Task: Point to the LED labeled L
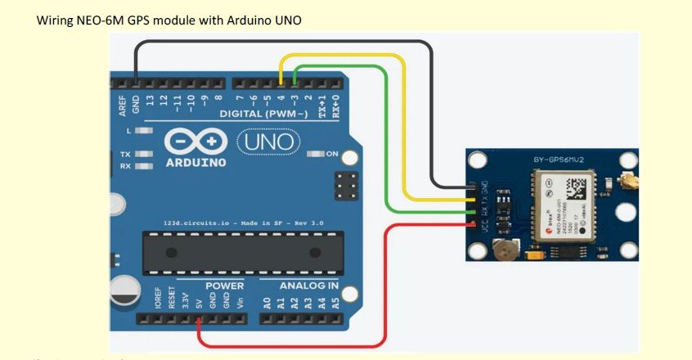click(x=145, y=131)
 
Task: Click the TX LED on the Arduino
click(x=145, y=154)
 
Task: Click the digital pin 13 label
click(x=151, y=101)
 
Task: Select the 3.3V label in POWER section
click(x=186, y=302)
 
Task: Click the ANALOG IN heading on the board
click(x=308, y=286)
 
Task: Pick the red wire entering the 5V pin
click(x=200, y=323)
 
